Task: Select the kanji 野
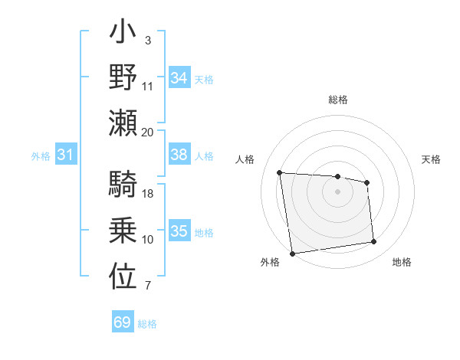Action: (123, 79)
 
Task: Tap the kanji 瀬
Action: (123, 123)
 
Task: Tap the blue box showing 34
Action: (179, 78)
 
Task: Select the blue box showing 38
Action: (179, 155)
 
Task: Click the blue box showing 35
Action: (179, 231)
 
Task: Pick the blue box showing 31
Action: (65, 155)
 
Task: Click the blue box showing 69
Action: (123, 322)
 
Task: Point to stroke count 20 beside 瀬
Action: (148, 132)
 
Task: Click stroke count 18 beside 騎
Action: (148, 193)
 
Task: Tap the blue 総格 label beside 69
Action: (148, 324)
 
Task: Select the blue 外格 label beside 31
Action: (41, 156)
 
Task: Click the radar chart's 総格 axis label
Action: (337, 100)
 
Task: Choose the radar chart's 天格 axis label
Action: (431, 159)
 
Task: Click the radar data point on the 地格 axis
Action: (373, 242)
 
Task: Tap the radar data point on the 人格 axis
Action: (280, 172)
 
